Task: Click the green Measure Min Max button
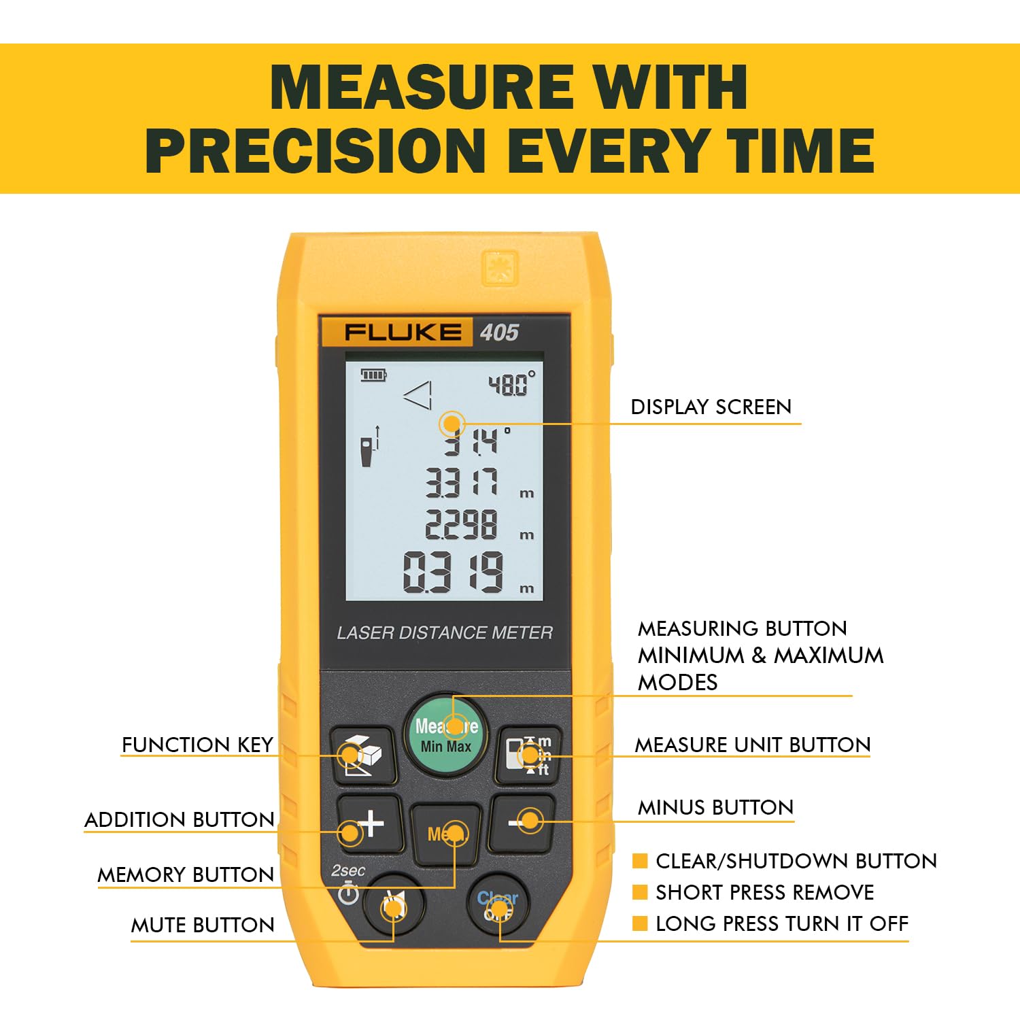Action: point(446,735)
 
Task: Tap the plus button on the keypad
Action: point(370,823)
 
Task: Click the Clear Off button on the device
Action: point(498,905)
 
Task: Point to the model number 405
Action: point(499,333)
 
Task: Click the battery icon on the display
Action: point(373,375)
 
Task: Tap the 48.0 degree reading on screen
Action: point(511,384)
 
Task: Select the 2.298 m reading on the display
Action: point(479,525)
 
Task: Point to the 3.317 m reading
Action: point(479,483)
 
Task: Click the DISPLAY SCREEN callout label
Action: point(711,407)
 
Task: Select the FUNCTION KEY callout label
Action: point(197,745)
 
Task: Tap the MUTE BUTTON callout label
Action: point(203,925)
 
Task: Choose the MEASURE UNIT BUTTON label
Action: point(753,745)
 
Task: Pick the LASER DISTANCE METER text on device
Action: point(445,633)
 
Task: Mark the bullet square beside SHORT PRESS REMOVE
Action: point(640,892)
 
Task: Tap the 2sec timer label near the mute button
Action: point(348,871)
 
